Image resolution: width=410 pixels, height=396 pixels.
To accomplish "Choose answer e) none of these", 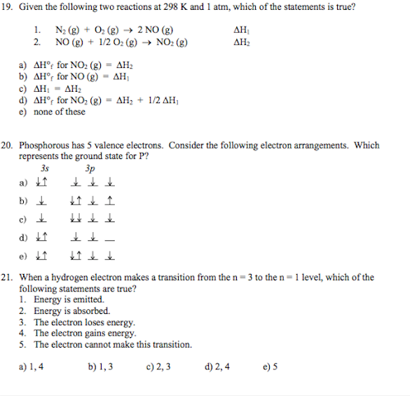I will coord(52,111).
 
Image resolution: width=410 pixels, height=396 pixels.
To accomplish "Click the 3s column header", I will coord(44,168).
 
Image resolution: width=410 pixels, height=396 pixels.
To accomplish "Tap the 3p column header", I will coord(89,168).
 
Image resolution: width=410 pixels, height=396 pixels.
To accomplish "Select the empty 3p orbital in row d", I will coord(110,238).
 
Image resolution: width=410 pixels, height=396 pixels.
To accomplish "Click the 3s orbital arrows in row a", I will coord(42,184).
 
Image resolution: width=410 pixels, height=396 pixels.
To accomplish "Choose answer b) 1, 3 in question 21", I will coord(101,366).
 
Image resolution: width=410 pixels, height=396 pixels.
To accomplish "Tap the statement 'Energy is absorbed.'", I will coord(72,311).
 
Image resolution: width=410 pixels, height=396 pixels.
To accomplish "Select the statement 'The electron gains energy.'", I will coord(85,334).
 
